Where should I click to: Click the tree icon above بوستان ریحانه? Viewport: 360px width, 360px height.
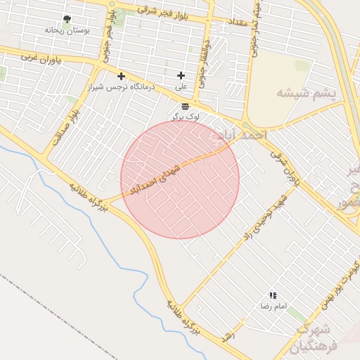coord(67,20)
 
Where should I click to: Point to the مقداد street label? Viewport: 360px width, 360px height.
coord(236,23)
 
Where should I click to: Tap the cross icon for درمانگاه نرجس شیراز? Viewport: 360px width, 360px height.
coord(121,76)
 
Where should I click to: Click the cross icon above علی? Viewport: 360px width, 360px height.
coord(181,75)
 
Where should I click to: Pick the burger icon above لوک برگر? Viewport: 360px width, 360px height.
coord(185,105)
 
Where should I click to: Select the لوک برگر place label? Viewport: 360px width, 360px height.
coord(185,116)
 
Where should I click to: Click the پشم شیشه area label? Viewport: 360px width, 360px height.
coord(307,93)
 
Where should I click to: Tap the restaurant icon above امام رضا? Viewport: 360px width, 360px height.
coord(273,296)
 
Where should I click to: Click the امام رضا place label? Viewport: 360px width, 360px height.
coord(271,307)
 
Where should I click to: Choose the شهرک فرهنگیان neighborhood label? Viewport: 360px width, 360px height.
coord(313,337)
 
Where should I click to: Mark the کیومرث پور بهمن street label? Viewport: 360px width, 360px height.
coord(342,282)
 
